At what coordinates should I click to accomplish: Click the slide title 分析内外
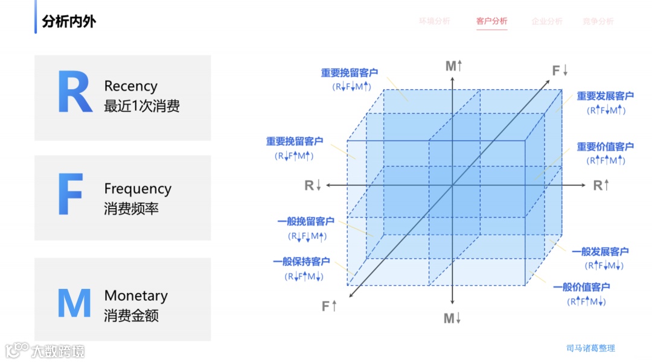point(69,22)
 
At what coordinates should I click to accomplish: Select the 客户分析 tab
point(491,21)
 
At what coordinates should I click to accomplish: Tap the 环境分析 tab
point(435,21)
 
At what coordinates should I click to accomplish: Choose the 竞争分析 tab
point(598,21)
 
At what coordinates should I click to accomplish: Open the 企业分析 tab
point(546,21)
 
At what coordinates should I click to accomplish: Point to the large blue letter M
point(74,303)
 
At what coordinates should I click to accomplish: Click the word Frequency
point(138,189)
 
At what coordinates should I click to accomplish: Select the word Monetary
point(136,295)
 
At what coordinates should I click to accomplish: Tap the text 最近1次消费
point(142,106)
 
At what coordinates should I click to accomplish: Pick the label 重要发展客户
point(605,96)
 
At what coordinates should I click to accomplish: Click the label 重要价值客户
point(605,147)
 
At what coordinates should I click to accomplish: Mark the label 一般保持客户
point(301,262)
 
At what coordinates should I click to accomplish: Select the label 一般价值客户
point(581,287)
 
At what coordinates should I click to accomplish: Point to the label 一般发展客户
point(600,251)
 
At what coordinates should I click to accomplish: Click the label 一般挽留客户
point(306,222)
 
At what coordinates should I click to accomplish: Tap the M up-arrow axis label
point(453,66)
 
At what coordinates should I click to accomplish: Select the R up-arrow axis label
point(601,185)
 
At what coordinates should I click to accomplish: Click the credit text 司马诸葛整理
point(590,348)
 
